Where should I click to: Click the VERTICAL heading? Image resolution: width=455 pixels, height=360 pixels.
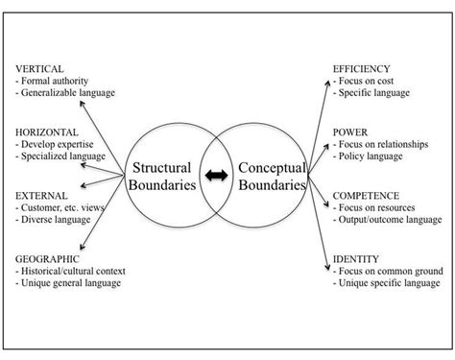pyautogui.click(x=37, y=70)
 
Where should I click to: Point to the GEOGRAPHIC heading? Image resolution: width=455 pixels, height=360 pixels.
pyautogui.click(x=45, y=259)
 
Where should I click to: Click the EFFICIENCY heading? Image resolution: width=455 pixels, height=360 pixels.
pyautogui.click(x=363, y=70)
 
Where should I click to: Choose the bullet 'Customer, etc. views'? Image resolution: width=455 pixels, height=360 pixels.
pyautogui.click(x=62, y=208)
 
